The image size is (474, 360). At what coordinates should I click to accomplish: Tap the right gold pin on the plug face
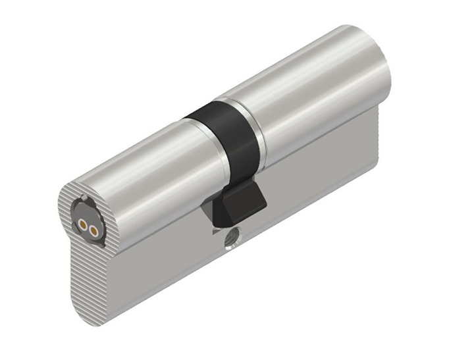tap(94, 230)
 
